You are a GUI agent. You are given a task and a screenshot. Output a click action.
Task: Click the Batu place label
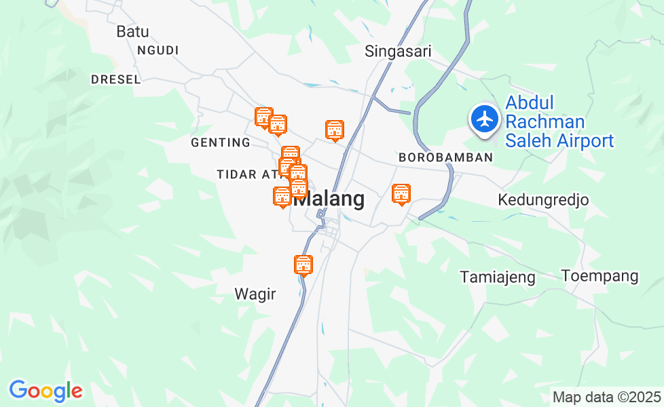[x=132, y=31]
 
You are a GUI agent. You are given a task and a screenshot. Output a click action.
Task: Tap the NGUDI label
[x=158, y=50]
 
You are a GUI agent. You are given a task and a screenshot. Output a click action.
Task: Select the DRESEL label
[x=116, y=79]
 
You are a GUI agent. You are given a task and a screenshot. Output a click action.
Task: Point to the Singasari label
[x=398, y=51]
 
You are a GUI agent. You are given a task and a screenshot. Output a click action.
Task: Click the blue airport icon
[x=485, y=119]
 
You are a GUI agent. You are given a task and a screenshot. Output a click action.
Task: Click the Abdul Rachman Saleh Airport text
[x=559, y=122]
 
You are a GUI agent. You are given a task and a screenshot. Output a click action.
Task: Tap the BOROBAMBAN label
[x=445, y=157]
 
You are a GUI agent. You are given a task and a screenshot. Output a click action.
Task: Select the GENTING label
[x=221, y=142]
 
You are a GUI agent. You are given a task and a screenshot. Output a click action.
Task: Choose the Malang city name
[x=333, y=199]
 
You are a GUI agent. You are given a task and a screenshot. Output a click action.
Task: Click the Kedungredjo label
[x=543, y=200]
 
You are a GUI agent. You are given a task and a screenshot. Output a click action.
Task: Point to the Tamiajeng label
[x=498, y=277]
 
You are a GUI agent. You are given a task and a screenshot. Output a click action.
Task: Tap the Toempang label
[x=600, y=276]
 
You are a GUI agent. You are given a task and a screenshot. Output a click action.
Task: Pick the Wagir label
[x=255, y=294]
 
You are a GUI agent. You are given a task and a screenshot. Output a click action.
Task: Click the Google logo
[x=45, y=391]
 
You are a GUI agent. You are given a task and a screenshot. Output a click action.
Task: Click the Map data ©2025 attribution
[x=606, y=397]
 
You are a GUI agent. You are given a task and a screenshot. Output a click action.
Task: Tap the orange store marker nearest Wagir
[x=303, y=265]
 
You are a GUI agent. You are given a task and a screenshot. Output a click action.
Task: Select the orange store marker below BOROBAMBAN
[x=401, y=194]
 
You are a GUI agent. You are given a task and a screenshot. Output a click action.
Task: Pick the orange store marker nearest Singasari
[x=334, y=130]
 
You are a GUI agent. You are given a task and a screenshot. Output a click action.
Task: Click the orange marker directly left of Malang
[x=282, y=197]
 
